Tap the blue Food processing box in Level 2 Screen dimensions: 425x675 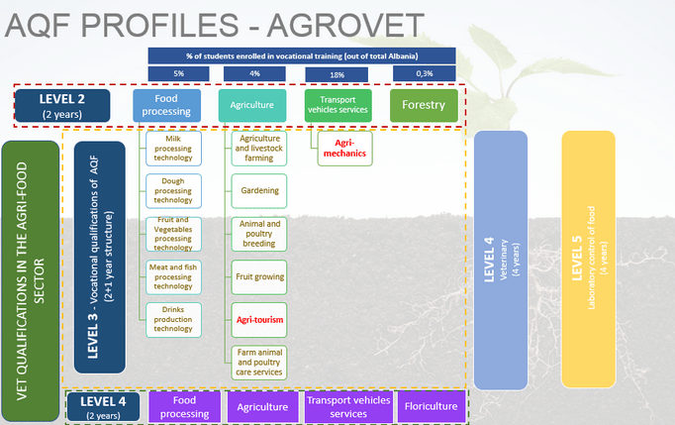tap(167, 106)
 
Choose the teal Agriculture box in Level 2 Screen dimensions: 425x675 tap(252, 106)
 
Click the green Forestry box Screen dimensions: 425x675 tap(423, 106)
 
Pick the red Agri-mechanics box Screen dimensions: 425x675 tap(344, 150)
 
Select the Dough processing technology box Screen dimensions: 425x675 tap(173, 188)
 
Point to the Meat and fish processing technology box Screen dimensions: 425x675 tap(173, 277)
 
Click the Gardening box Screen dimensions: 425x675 tap(259, 190)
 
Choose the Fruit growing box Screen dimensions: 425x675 tap(259, 279)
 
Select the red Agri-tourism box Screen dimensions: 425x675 tap(259, 321)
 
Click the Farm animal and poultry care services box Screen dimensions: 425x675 tap(259, 362)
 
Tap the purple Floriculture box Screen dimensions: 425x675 tap(430, 406)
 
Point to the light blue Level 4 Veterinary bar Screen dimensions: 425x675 tap(507, 259)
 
